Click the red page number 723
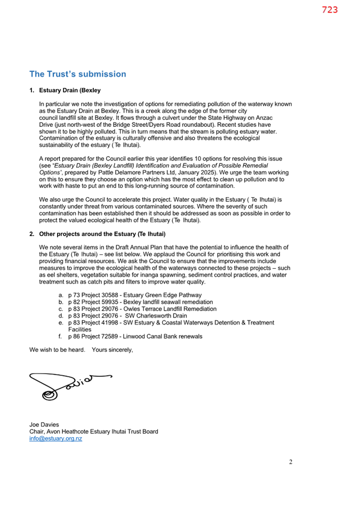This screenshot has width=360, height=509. click(x=330, y=10)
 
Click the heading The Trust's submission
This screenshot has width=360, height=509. click(x=78, y=74)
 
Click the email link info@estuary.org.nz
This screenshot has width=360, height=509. click(x=55, y=439)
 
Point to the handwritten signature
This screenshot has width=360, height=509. click(x=67, y=384)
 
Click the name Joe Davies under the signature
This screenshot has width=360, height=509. click(x=44, y=425)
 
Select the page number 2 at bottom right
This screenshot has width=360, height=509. click(x=291, y=462)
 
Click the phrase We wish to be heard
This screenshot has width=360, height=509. click(x=56, y=350)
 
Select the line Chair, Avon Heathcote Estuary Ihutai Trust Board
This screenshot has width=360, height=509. click(x=93, y=432)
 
